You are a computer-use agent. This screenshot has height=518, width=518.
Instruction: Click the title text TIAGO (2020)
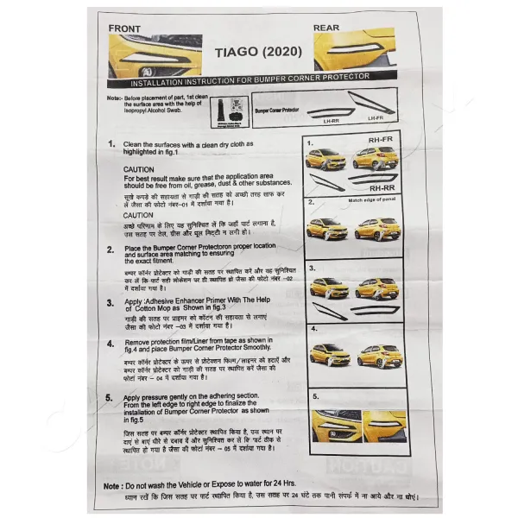point(258,53)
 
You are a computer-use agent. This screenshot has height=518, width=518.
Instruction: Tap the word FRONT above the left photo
point(124,28)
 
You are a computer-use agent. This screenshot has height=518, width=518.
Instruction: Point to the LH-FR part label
point(375,117)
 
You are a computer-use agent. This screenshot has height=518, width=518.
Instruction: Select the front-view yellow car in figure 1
point(325,159)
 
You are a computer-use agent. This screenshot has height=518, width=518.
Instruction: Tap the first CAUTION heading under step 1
point(139,170)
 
